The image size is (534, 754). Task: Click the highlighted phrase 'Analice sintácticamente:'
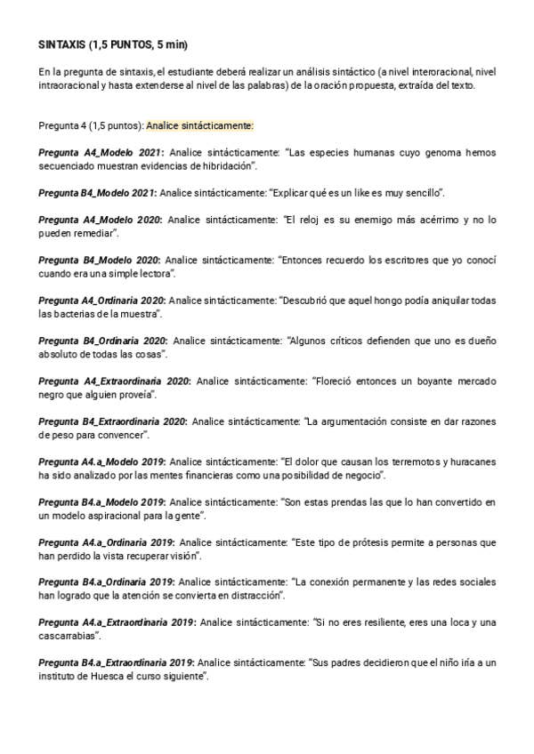click(199, 125)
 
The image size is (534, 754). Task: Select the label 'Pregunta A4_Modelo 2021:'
click(101, 153)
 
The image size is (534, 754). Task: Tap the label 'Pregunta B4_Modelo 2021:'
click(98, 192)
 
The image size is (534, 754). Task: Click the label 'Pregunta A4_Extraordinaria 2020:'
click(115, 380)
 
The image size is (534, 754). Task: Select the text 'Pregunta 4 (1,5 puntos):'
click(92, 125)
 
